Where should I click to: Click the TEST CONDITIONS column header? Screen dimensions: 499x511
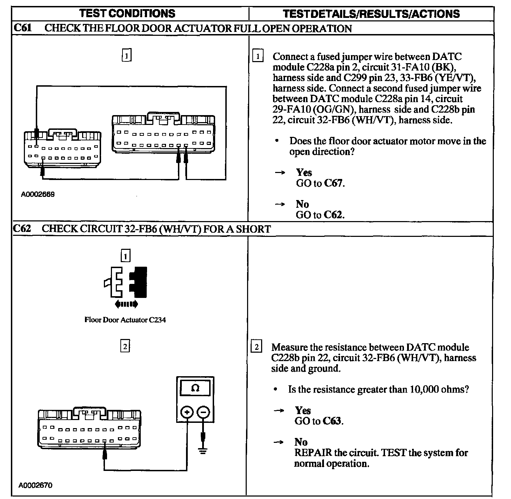(x=127, y=13)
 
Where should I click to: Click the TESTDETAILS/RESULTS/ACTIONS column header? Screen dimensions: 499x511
(x=371, y=14)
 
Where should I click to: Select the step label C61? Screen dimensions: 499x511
(x=22, y=28)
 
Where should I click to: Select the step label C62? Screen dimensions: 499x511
(x=22, y=229)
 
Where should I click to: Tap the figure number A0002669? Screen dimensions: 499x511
(x=38, y=194)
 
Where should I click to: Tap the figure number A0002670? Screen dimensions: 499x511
(x=36, y=486)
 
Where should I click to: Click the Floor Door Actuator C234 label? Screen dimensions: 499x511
(x=125, y=320)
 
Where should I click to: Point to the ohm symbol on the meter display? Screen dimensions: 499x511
(x=195, y=388)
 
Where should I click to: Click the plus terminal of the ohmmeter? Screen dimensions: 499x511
(x=187, y=412)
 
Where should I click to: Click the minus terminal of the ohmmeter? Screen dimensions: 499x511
(x=203, y=412)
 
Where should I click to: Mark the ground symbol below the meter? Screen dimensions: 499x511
(x=203, y=450)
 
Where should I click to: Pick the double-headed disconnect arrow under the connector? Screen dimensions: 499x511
(x=126, y=304)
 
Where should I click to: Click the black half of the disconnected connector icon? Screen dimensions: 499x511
(x=139, y=281)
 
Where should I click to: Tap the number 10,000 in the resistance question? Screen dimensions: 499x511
(x=422, y=390)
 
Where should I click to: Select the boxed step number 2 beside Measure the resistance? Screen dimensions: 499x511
(x=257, y=347)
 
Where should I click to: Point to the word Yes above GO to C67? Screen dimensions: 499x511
(x=304, y=172)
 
